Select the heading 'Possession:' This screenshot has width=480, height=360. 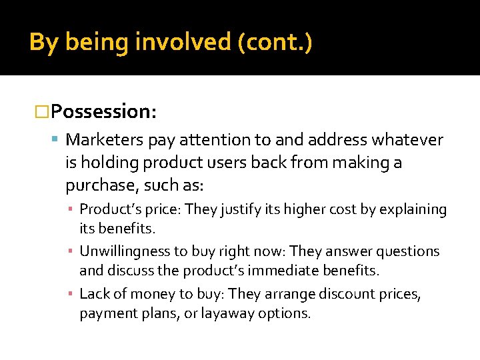point(103,111)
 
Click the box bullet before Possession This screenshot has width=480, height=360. point(41,111)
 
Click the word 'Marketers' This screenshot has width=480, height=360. point(105,140)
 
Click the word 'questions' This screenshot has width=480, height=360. point(409,251)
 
